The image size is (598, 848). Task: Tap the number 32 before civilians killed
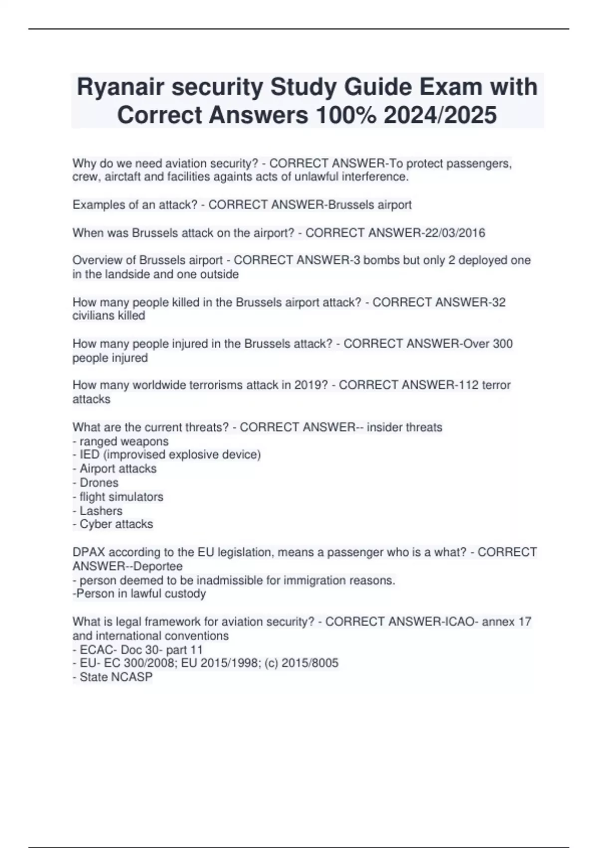click(498, 302)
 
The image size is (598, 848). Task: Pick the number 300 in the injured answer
click(502, 344)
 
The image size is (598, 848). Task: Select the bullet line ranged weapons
click(124, 441)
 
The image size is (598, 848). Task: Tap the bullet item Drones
click(99, 483)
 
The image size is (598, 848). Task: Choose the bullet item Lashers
click(101, 511)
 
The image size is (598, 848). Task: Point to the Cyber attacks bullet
click(116, 524)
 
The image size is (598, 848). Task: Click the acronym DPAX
click(89, 552)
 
